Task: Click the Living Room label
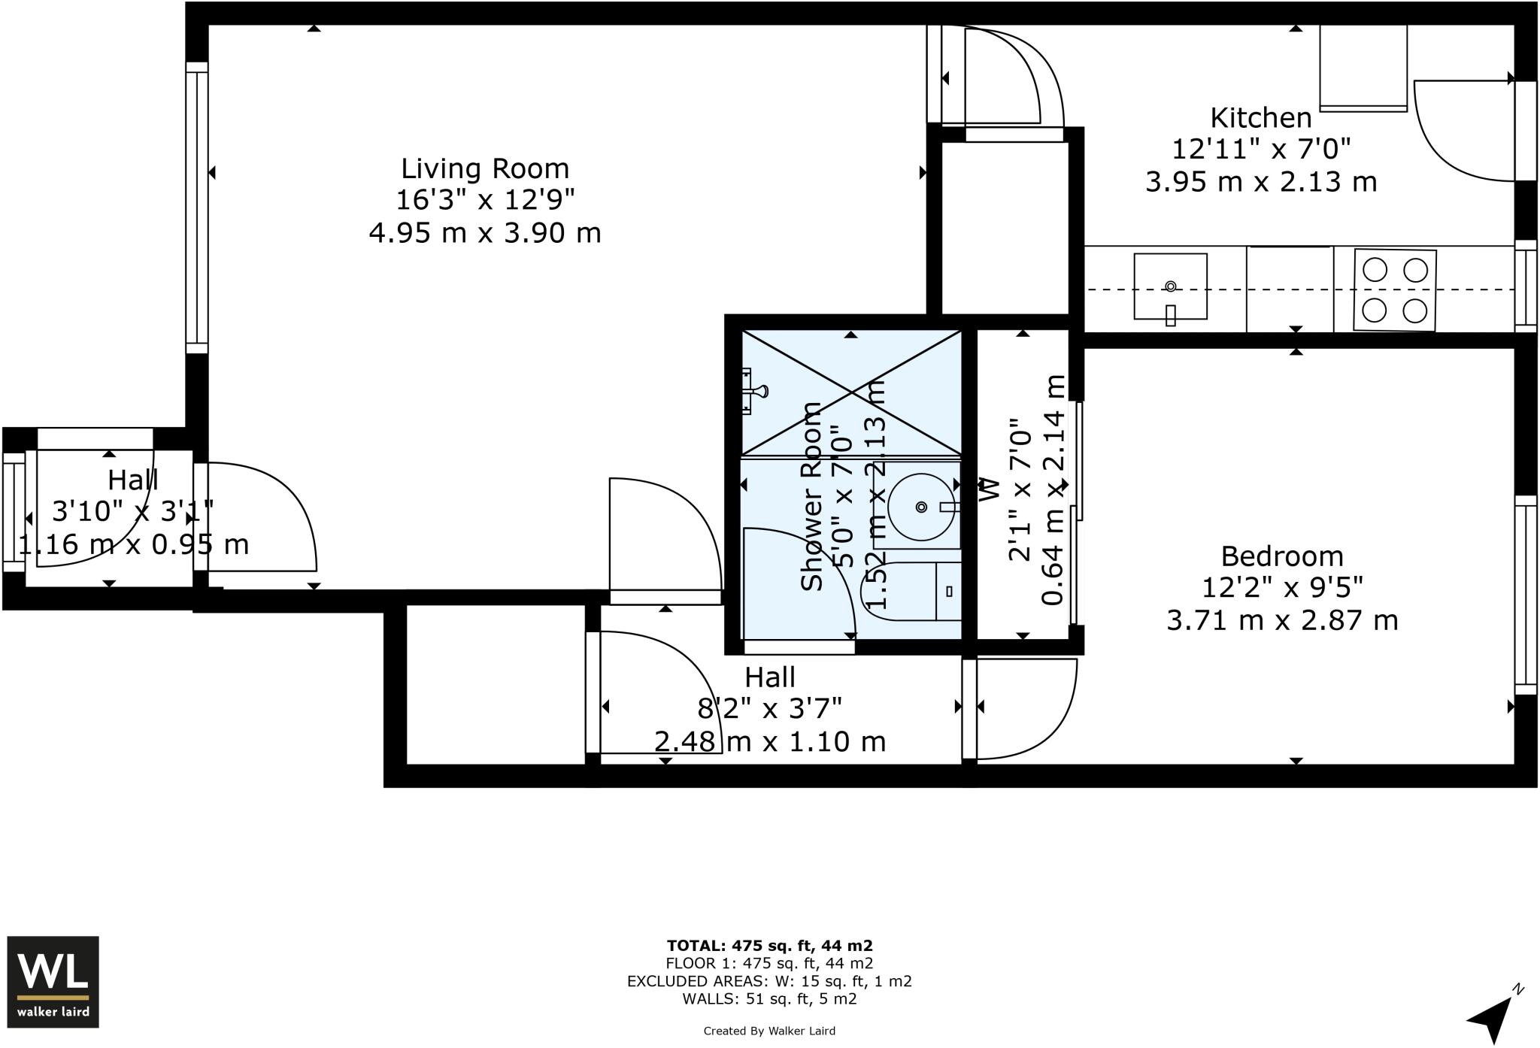click(484, 168)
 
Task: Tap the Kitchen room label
click(1261, 118)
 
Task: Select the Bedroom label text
click(1281, 556)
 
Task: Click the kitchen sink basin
click(1170, 286)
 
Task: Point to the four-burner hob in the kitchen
click(1394, 290)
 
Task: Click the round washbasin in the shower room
click(922, 507)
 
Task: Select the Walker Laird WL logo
click(53, 981)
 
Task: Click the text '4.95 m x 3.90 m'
click(484, 233)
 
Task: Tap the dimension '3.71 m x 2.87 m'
click(1281, 621)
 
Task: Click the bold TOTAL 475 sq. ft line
click(769, 946)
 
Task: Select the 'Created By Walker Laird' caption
click(769, 1031)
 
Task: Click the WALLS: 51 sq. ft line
click(769, 999)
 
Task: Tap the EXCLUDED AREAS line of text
click(769, 981)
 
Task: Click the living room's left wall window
click(196, 207)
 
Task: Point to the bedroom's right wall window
click(1525, 594)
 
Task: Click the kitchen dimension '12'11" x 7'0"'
click(1261, 150)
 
